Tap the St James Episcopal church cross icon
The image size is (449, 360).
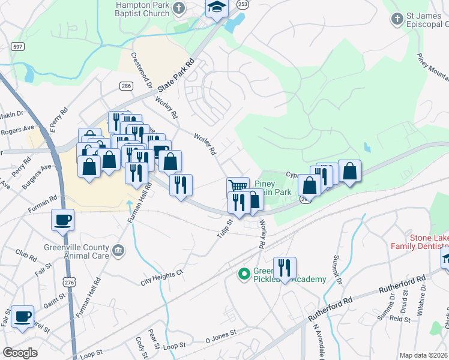(396, 20)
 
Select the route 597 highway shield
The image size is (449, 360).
(17, 46)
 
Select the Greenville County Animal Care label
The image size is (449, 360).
(76, 251)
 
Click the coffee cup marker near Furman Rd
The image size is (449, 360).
(62, 220)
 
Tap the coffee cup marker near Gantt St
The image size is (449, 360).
(22, 316)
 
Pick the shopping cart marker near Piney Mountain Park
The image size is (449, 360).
(238, 186)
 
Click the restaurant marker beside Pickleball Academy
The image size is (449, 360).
(285, 268)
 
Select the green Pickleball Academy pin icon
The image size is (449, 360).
(244, 274)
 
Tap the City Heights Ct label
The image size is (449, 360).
(161, 277)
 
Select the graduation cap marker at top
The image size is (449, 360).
(217, 7)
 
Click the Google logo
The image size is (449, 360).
(20, 353)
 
